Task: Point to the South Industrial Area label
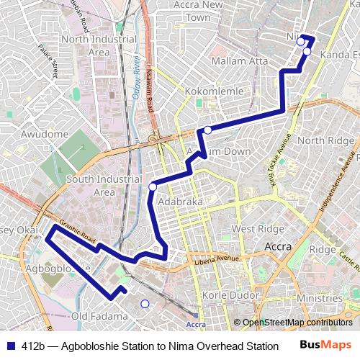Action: point(99,186)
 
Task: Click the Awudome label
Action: point(45,134)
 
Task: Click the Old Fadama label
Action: point(99,316)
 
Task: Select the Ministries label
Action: point(318,298)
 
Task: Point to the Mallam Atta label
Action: point(240,61)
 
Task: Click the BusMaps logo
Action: point(325,346)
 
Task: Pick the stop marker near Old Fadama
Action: point(145,304)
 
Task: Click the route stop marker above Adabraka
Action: point(153,187)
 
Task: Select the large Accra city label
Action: point(279,246)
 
